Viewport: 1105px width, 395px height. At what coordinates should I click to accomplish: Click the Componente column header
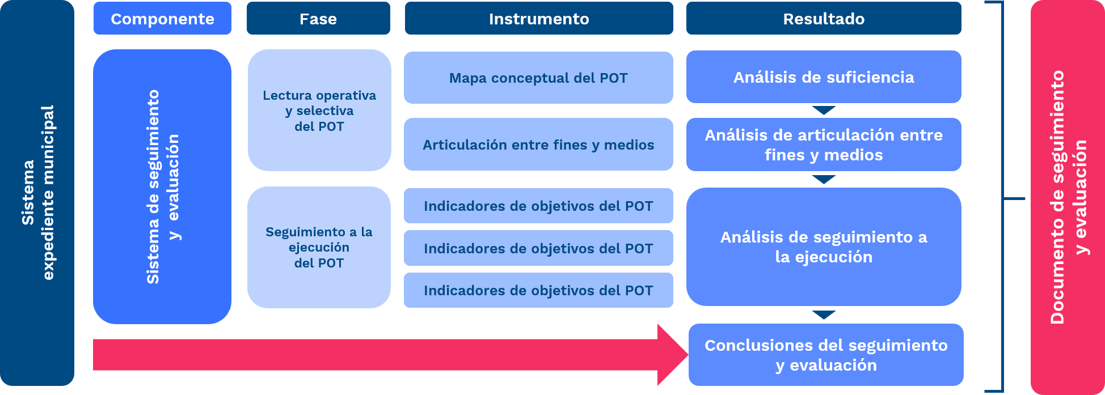[162, 19]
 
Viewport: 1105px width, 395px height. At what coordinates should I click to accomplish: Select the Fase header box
[318, 19]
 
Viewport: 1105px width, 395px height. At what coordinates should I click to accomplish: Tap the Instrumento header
[538, 19]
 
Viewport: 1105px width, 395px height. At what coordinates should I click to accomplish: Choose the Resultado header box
[824, 19]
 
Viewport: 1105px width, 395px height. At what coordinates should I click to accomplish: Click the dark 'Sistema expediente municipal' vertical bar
[37, 193]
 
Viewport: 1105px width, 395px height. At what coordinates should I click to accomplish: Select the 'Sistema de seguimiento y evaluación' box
[162, 186]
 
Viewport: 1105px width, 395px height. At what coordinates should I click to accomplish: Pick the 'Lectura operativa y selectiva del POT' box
[319, 111]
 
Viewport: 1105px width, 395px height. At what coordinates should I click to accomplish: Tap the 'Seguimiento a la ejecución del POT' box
[319, 247]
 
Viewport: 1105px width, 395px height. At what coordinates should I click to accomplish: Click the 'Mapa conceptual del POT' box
[538, 78]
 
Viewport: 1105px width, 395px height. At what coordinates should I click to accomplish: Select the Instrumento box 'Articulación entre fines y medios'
[538, 145]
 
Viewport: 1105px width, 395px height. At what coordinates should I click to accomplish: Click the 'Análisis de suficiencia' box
[824, 77]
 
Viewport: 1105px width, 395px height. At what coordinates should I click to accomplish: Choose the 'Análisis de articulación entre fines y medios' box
[824, 145]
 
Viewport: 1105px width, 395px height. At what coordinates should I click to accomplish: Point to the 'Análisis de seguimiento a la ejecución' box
[824, 247]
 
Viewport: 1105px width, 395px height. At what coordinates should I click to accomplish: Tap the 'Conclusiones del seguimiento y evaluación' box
[826, 355]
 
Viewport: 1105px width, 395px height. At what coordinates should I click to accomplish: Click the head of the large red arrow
[672, 355]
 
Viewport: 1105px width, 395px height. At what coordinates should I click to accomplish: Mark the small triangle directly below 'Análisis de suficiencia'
[824, 110]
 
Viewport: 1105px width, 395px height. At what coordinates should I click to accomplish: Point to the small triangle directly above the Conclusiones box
[824, 315]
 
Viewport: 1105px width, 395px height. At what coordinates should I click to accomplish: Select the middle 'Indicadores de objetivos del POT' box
[538, 248]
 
